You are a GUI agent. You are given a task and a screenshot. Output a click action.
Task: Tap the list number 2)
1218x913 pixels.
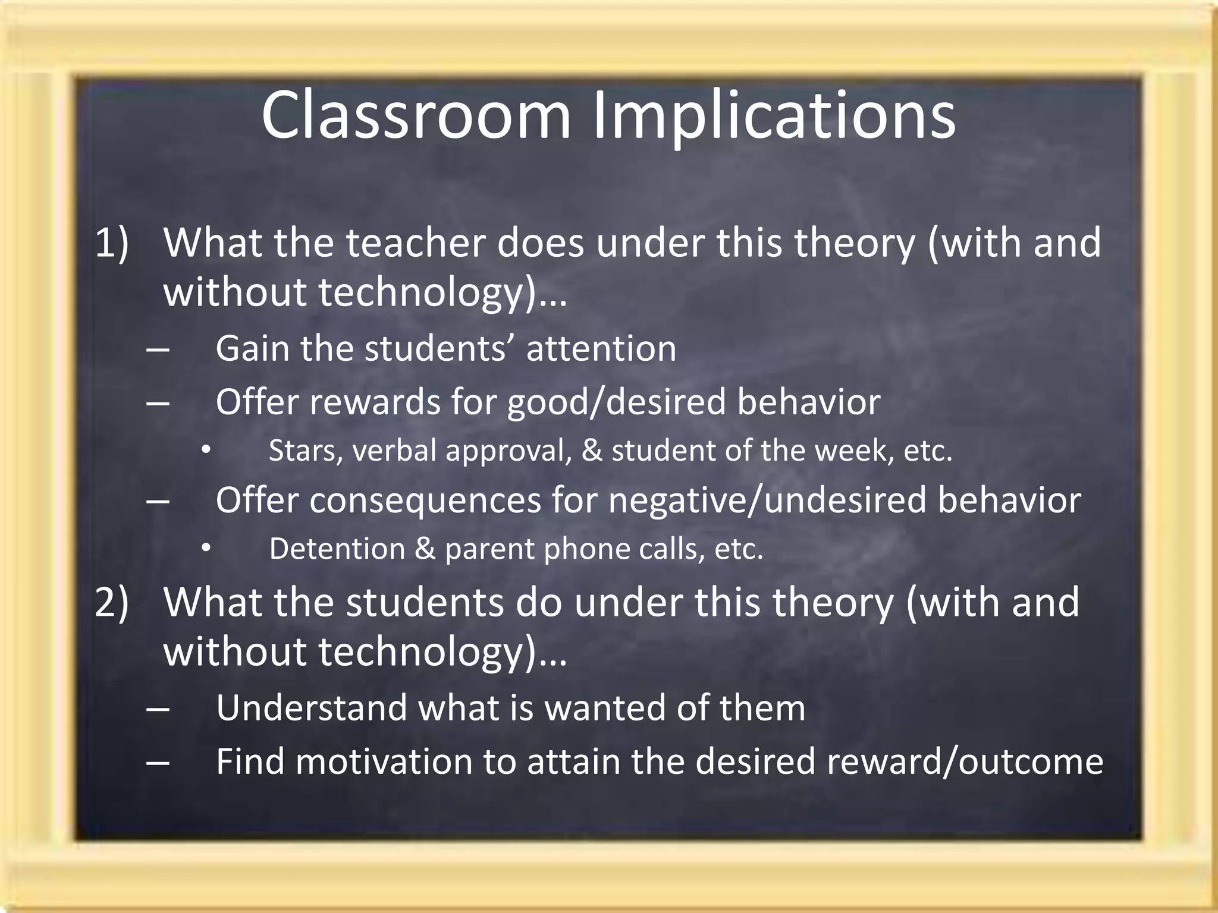click(x=112, y=602)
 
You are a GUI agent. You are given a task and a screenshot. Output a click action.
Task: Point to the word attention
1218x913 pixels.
click(x=601, y=348)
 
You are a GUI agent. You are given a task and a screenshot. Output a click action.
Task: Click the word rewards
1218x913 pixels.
click(x=374, y=402)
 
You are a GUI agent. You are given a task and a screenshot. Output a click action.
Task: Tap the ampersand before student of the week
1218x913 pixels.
click(x=592, y=451)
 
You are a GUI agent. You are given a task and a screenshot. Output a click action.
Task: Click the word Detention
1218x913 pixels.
click(x=337, y=549)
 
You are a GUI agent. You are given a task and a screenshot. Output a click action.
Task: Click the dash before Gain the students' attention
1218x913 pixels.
click(x=157, y=350)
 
